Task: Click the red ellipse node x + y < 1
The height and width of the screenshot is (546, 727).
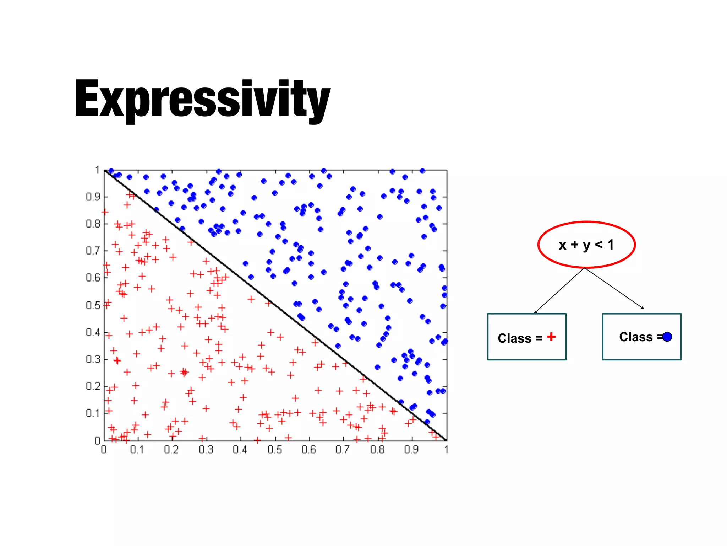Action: click(586, 245)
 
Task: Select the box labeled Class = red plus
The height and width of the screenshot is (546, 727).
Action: click(526, 337)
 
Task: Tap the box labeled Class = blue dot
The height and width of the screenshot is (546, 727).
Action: click(641, 337)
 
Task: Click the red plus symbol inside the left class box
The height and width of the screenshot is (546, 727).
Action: click(551, 337)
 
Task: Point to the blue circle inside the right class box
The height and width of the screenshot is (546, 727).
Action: click(667, 337)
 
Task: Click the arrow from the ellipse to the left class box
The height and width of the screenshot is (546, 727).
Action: click(559, 290)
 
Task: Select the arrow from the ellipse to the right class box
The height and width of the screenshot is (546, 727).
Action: click(614, 288)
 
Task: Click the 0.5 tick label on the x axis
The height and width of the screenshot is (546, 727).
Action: click(274, 450)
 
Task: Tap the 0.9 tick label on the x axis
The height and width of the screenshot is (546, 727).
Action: click(411, 450)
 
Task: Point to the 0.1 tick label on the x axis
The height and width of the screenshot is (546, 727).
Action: click(137, 450)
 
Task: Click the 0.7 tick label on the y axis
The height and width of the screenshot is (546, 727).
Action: click(93, 251)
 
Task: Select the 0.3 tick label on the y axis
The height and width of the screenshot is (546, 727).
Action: click(93, 359)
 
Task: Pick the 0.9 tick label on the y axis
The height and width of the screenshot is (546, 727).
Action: click(93, 197)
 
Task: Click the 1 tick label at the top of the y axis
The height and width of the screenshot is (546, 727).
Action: click(97, 170)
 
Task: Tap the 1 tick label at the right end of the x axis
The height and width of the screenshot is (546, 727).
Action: click(446, 450)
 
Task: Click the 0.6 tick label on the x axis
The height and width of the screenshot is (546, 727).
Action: click(308, 450)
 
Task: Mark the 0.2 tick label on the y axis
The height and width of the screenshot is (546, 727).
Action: click(93, 386)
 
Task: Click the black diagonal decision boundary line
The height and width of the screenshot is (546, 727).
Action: click(275, 305)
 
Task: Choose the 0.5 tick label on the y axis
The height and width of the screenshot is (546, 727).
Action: click(93, 305)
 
